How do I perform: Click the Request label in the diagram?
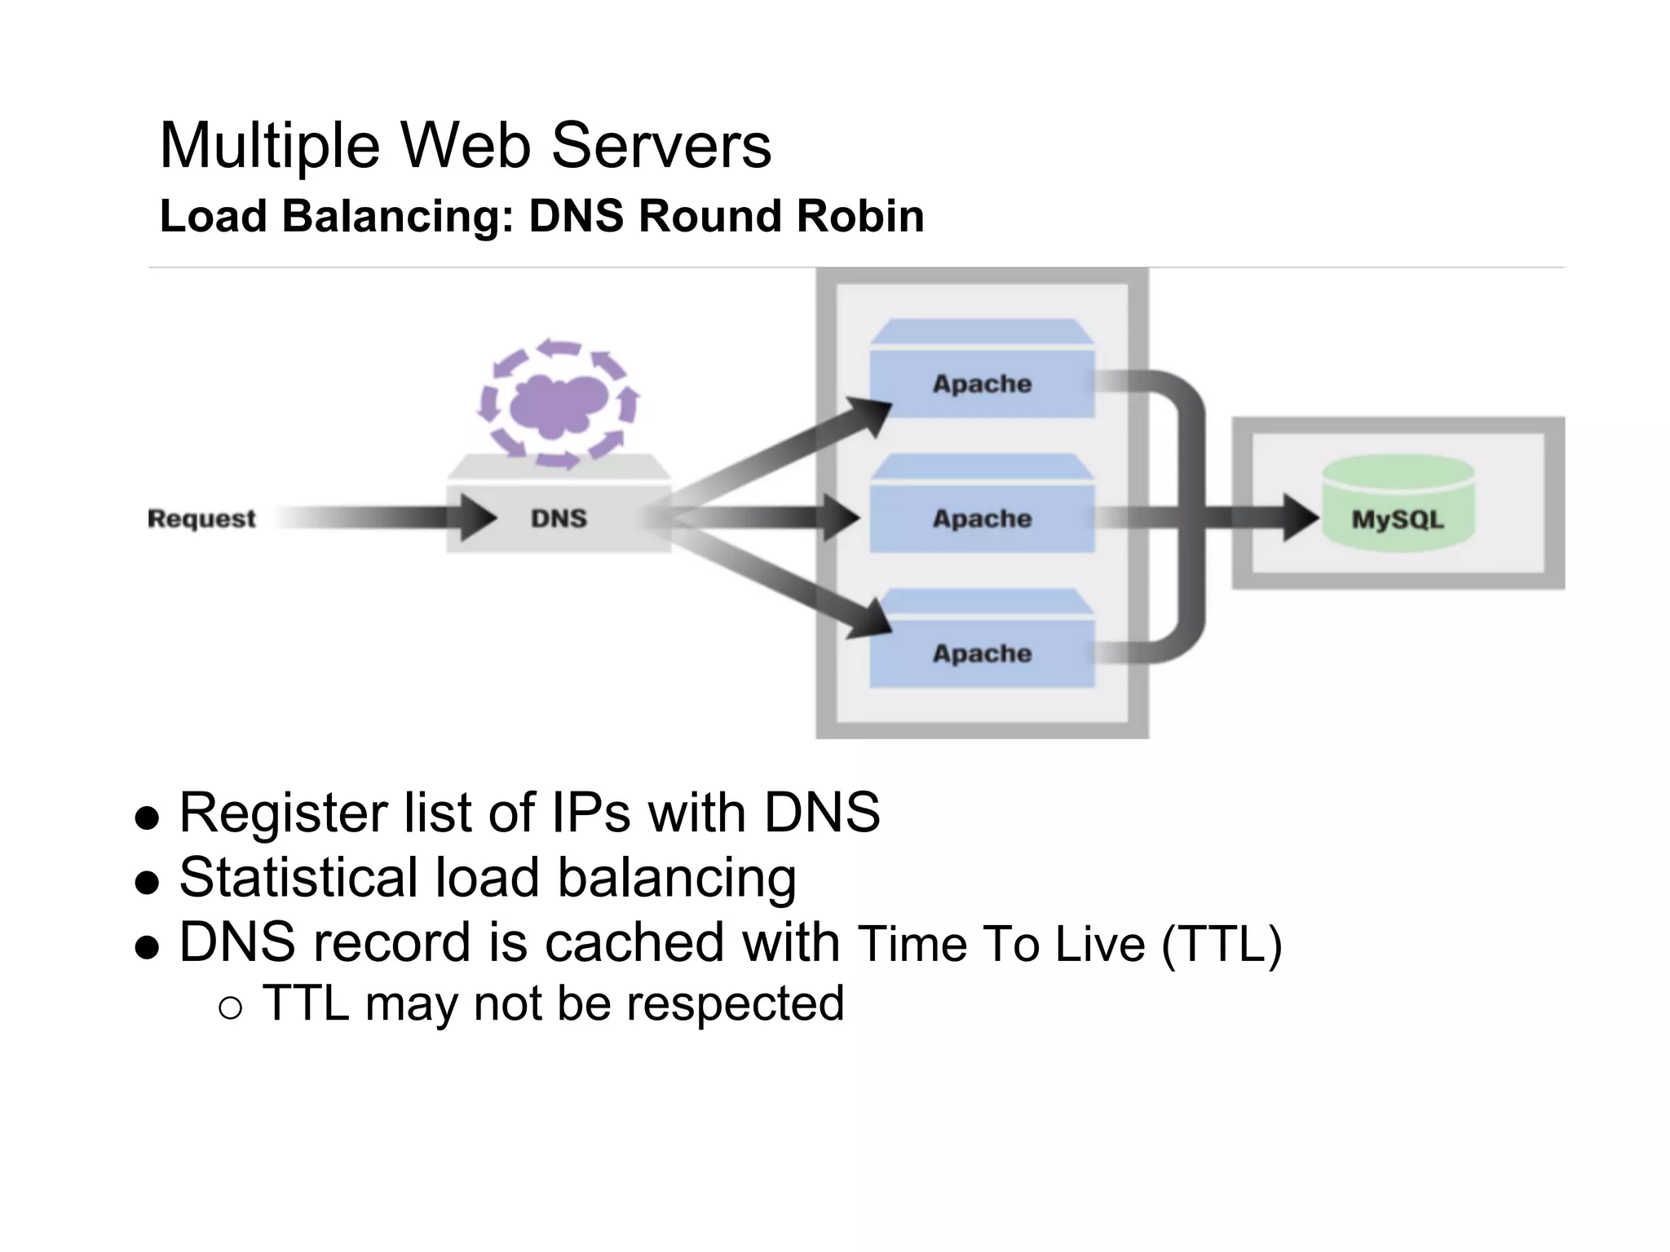[x=201, y=518]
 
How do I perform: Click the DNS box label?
[x=559, y=518]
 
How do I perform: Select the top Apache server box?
[x=982, y=383]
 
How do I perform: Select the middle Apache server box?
[x=982, y=518]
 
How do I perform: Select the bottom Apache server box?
[x=982, y=653]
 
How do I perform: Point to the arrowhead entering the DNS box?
[x=477, y=518]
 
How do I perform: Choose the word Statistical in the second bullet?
[x=298, y=878]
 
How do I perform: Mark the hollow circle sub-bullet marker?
[x=231, y=1008]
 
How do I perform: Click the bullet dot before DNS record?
[x=147, y=948]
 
